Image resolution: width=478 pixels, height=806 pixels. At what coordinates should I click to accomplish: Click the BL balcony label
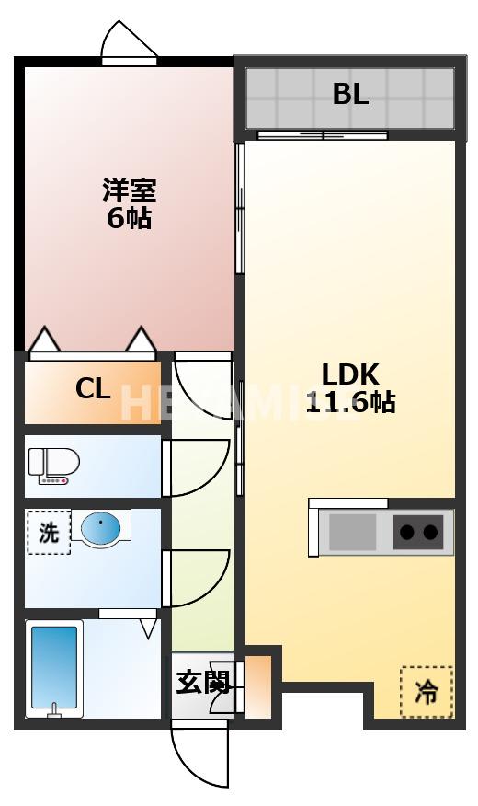[x=350, y=94]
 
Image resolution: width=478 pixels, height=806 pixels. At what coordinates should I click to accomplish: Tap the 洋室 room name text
[x=129, y=191]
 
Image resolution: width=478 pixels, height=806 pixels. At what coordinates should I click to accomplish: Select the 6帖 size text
[x=129, y=219]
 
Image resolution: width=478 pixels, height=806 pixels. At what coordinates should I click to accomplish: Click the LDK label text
[x=349, y=374]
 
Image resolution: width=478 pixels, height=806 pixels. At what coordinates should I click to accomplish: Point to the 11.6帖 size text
[x=350, y=402]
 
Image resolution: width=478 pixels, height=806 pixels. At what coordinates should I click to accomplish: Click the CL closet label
[x=93, y=388]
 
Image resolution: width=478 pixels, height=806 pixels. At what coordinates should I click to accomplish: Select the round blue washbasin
[x=100, y=528]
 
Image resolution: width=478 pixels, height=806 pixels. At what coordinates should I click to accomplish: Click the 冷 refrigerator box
[x=427, y=691]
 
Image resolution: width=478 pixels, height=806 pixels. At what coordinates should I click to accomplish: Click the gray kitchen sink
[x=353, y=532]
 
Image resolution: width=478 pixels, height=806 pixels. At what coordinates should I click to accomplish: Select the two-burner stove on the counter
[x=418, y=532]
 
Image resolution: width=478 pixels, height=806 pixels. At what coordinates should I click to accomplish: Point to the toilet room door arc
[x=198, y=465]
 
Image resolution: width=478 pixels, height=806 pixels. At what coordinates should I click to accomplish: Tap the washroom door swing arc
[x=198, y=577]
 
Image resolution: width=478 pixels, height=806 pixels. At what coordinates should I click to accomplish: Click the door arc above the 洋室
[x=130, y=40]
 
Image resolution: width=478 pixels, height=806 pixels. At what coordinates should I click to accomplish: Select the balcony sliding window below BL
[x=322, y=136]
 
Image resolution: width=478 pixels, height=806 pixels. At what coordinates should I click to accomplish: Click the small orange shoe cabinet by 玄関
[x=258, y=685]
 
